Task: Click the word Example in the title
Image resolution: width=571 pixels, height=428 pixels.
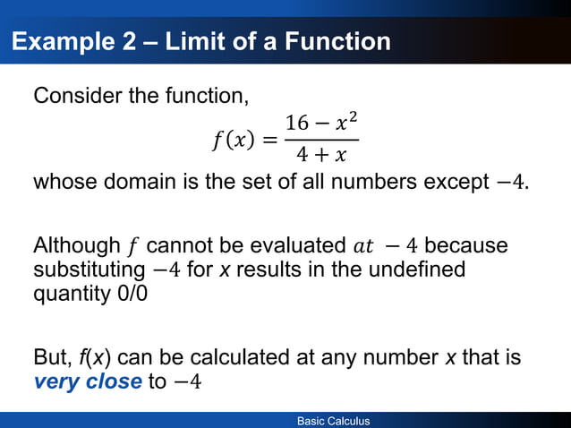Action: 63,42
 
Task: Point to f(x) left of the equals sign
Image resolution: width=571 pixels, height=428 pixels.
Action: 236,140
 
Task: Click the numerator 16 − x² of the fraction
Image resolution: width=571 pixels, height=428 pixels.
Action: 321,123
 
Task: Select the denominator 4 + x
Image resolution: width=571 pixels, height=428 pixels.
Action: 321,156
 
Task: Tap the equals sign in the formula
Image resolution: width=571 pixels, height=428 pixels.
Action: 269,140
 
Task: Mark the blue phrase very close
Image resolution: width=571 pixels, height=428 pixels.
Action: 87,382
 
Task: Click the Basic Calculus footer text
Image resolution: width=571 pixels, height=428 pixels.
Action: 334,421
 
